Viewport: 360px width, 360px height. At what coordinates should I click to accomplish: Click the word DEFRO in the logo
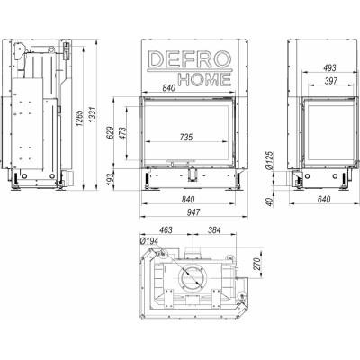click(x=190, y=59)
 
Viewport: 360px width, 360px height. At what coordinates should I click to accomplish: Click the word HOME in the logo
click(x=205, y=79)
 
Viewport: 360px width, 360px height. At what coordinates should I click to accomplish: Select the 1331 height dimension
click(x=93, y=114)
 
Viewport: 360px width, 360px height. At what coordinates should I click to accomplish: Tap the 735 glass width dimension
click(x=186, y=137)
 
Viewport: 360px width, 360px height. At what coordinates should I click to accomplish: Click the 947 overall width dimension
click(x=193, y=212)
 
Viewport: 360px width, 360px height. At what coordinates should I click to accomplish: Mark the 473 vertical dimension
click(x=122, y=134)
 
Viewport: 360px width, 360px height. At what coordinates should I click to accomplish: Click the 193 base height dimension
click(x=111, y=179)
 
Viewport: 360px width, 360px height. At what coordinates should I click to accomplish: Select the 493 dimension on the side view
click(x=330, y=68)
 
